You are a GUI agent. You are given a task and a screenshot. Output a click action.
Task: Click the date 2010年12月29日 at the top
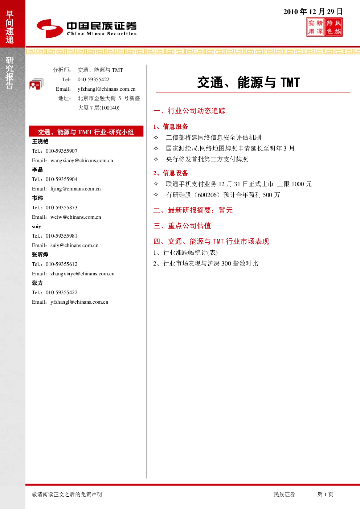pyautogui.click(x=313, y=12)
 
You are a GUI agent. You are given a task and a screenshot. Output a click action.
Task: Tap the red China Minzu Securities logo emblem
pyautogui.click(x=50, y=28)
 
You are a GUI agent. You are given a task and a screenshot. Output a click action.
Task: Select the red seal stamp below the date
pyautogui.click(x=324, y=28)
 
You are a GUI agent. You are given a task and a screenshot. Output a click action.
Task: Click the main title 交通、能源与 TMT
pyautogui.click(x=249, y=82)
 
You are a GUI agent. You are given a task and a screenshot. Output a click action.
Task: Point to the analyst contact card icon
pyautogui.click(x=36, y=84)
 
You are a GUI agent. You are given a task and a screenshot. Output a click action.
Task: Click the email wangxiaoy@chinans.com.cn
pyautogui.click(x=82, y=160)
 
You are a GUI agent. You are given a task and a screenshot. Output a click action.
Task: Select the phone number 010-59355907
pyautogui.click(x=61, y=151)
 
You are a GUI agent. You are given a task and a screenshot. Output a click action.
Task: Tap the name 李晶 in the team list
pyautogui.click(x=37, y=170)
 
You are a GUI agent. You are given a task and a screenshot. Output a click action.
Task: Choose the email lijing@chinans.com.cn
pyautogui.click(x=75, y=189)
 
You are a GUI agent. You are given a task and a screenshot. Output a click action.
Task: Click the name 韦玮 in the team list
pyautogui.click(x=37, y=198)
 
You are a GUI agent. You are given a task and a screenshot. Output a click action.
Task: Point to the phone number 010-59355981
pyautogui.click(x=61, y=236)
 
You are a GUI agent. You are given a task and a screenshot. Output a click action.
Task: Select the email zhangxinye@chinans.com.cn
pyautogui.click(x=82, y=274)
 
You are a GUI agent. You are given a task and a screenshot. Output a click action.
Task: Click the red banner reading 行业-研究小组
pyautogui.click(x=86, y=131)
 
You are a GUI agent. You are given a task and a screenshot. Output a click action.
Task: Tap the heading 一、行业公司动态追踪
pyautogui.click(x=189, y=111)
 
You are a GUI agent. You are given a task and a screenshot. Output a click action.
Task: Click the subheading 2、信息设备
pyautogui.click(x=171, y=173)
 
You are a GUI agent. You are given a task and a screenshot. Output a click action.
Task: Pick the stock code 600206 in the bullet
pyautogui.click(x=207, y=195)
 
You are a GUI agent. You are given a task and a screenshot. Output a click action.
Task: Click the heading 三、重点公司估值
pyautogui.click(x=182, y=226)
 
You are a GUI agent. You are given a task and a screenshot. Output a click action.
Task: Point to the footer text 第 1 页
pyautogui.click(x=325, y=494)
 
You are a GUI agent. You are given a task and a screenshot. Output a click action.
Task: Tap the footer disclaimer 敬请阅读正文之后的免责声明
pyautogui.click(x=67, y=494)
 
